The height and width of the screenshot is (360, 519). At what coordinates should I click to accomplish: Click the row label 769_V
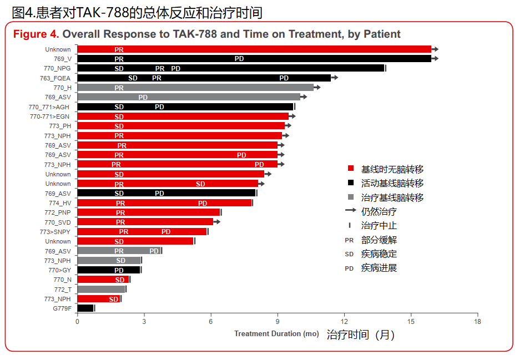[62, 59]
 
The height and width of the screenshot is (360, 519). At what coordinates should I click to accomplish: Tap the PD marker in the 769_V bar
[239, 59]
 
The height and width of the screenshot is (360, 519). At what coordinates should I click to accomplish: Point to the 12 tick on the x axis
[344, 322]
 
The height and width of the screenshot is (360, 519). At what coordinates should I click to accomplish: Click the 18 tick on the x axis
[477, 322]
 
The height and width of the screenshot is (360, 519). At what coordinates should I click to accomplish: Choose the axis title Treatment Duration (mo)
[276, 334]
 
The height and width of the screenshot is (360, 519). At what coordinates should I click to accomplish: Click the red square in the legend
[350, 169]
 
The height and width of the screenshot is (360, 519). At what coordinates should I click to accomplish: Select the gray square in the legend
[350, 197]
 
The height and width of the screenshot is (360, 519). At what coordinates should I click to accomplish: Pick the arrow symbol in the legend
[350, 211]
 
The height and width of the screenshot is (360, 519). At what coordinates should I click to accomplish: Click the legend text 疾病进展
[379, 268]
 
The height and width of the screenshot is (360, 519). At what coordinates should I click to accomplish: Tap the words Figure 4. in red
[36, 34]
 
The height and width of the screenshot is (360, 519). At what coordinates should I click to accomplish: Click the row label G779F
[62, 308]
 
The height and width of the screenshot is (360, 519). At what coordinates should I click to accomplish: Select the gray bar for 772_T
[101, 290]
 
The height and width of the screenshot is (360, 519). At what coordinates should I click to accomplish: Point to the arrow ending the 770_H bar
[317, 88]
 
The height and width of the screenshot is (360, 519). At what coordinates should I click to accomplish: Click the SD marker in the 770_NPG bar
[119, 69]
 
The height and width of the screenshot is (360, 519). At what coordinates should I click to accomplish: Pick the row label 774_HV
[60, 203]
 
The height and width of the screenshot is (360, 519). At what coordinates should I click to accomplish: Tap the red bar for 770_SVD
[167, 222]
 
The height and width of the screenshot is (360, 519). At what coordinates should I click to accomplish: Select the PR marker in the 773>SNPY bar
[124, 232]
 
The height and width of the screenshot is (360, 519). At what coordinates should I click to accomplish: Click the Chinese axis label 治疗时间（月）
[360, 335]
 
